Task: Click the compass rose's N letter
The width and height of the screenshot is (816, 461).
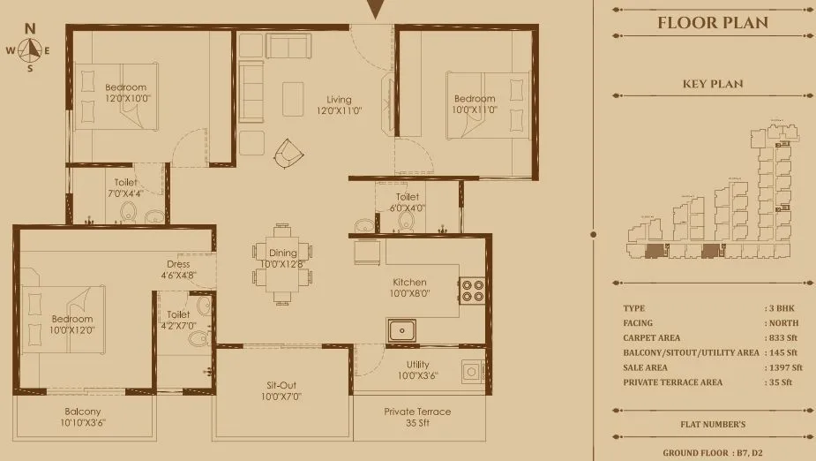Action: tap(30, 27)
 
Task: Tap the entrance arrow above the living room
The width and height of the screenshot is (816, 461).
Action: tap(375, 9)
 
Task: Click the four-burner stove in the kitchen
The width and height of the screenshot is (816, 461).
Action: tap(471, 291)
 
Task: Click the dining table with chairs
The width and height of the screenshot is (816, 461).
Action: tap(281, 264)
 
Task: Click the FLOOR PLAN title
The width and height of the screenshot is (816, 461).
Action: tap(713, 23)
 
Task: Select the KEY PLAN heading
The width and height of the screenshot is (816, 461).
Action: tap(713, 84)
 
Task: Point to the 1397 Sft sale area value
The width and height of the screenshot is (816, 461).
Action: tap(785, 367)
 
